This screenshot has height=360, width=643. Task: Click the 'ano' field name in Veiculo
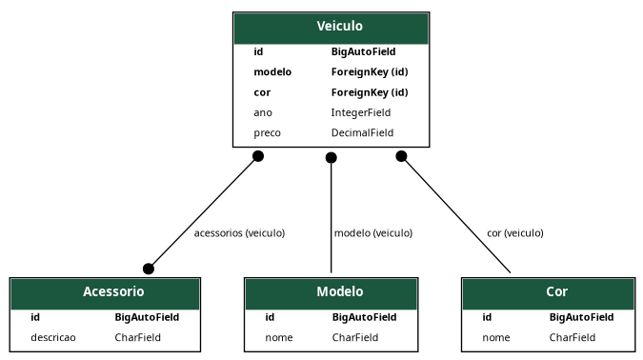(x=263, y=112)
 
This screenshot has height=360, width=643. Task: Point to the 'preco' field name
(x=267, y=132)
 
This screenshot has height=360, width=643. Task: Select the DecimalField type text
(x=362, y=132)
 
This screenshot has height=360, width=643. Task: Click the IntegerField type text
(x=360, y=112)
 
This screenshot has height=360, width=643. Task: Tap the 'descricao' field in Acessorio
(x=53, y=337)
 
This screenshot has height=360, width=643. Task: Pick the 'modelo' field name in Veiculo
(x=272, y=71)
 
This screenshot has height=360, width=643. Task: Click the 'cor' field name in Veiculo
(x=262, y=92)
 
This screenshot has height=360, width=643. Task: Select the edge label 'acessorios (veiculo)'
(x=239, y=232)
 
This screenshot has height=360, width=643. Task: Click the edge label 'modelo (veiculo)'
(x=372, y=232)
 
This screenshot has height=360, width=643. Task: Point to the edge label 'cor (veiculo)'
(x=514, y=232)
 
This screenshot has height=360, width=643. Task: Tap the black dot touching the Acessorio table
(x=148, y=269)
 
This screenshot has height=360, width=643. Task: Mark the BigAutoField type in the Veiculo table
(x=363, y=51)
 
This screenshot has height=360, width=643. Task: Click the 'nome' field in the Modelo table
(x=278, y=337)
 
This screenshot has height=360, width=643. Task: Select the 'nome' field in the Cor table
(x=495, y=337)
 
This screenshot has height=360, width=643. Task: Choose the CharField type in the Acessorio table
(x=138, y=337)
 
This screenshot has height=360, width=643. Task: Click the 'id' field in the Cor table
(x=487, y=317)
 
